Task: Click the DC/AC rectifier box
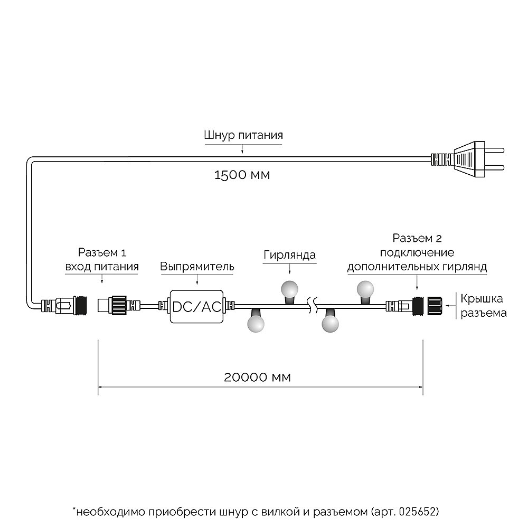[196, 306]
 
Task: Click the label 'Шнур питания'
[243, 135]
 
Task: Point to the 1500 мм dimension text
[242, 175]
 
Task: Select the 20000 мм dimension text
[257, 377]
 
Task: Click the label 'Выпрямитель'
[197, 267]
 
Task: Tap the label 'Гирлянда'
[289, 255]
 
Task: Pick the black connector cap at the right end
[436, 305]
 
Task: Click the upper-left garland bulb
[289, 288]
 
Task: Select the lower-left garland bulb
[256, 322]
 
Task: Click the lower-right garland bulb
[331, 322]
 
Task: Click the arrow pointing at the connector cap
[451, 305]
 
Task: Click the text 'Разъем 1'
[102, 253]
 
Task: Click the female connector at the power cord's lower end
[63, 305]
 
